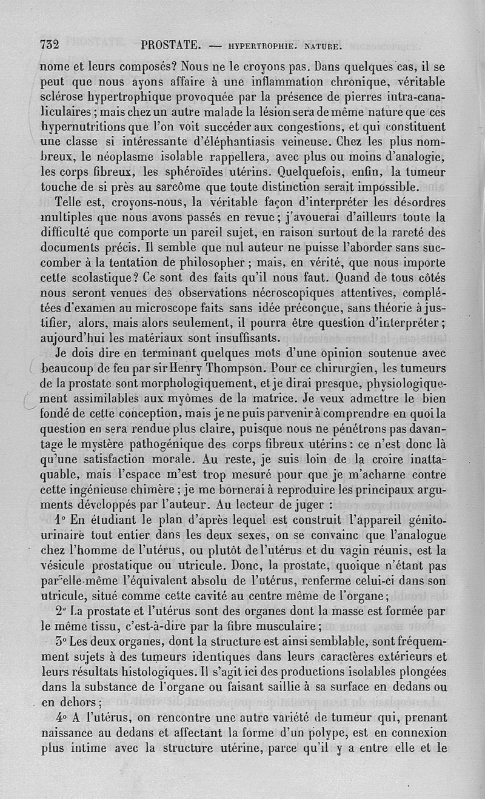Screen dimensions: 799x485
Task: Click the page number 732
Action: point(48,44)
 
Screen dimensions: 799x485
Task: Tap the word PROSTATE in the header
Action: point(171,44)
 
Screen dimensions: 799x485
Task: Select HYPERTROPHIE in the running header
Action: point(260,45)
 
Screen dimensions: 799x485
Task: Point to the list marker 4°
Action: point(59,717)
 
